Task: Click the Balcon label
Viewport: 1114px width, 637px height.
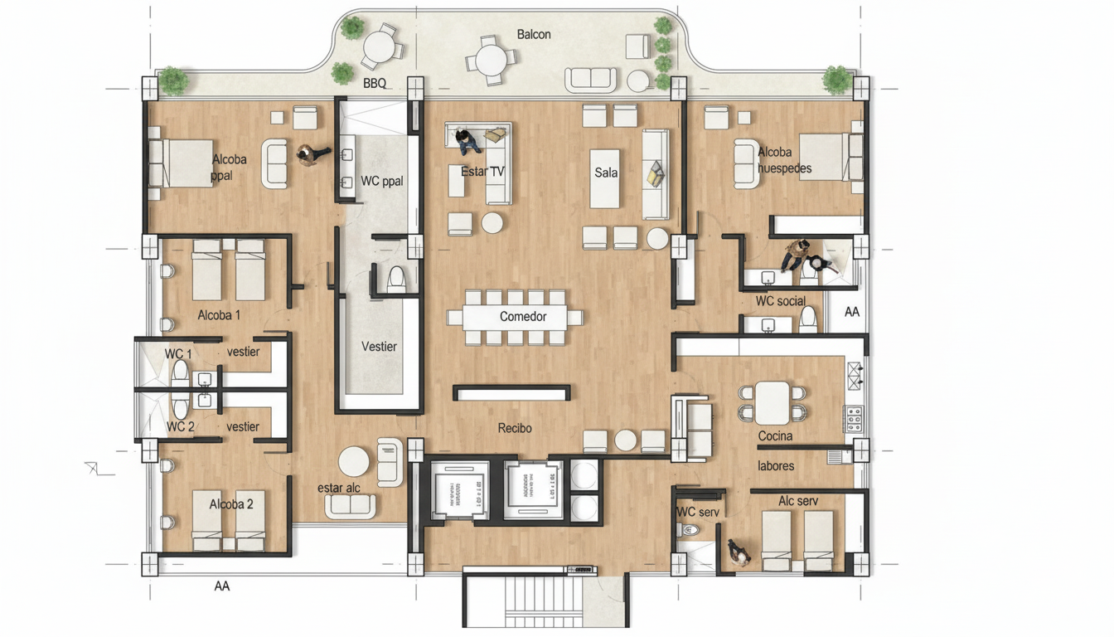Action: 534,34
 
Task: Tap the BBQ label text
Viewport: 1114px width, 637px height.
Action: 375,83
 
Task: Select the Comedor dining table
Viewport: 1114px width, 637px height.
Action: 515,317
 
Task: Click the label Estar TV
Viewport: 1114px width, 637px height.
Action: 482,172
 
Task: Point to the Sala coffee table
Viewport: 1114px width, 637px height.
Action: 605,178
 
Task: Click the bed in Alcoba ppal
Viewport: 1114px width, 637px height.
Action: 179,163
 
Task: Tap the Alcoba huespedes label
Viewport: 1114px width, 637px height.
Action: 784,160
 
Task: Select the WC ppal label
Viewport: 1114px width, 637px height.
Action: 382,181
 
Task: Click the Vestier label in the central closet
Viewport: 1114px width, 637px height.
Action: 379,347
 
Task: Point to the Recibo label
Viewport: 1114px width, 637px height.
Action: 515,428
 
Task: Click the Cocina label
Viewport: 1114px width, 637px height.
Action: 775,435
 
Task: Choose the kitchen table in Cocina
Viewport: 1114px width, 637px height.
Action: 773,401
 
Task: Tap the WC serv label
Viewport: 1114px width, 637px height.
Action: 698,512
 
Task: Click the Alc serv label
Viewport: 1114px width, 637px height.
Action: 798,501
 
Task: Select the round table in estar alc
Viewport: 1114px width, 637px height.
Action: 354,461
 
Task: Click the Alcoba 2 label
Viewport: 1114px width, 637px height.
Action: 231,504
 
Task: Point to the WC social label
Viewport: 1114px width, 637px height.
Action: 780,300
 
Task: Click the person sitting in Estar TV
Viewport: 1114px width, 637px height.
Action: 467,141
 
